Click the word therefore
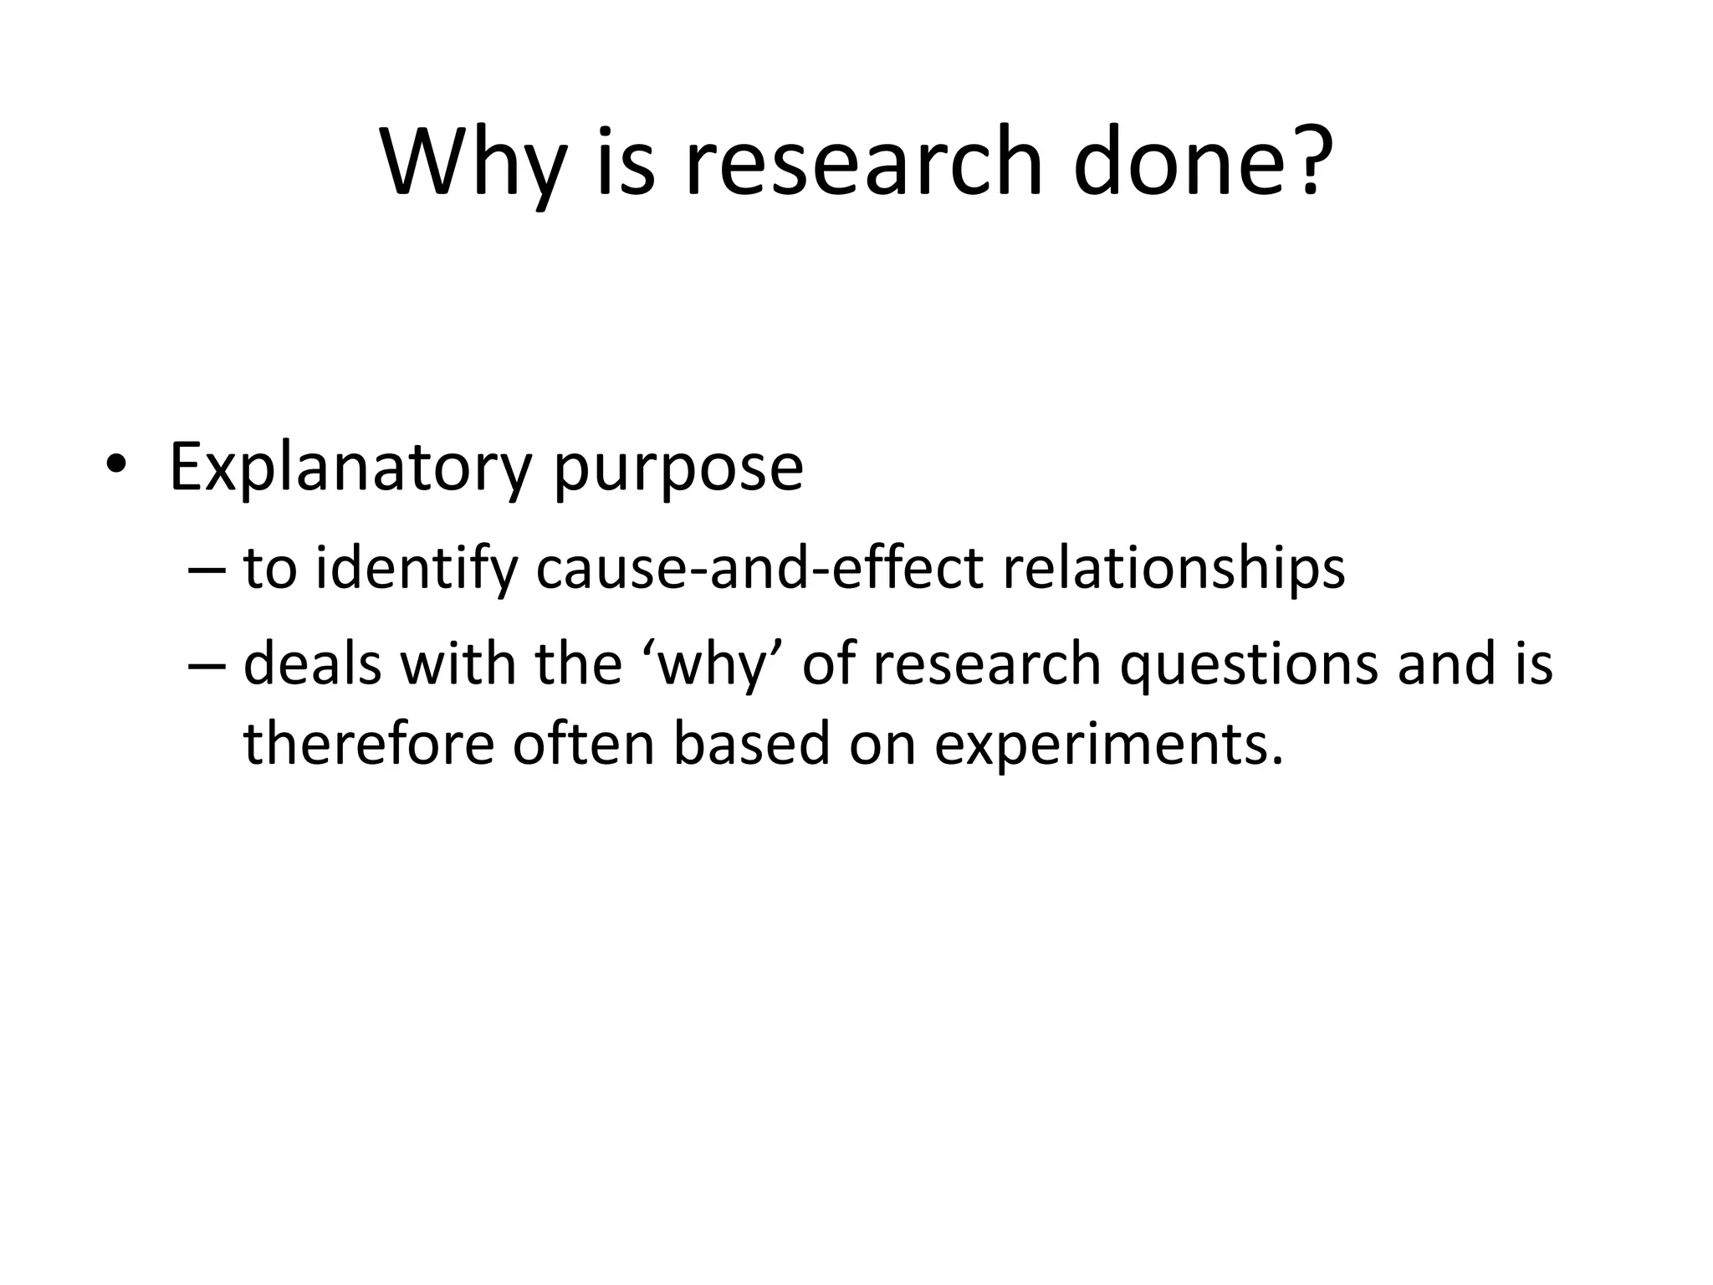tap(369, 743)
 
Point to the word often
tap(583, 743)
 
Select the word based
tap(752, 743)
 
